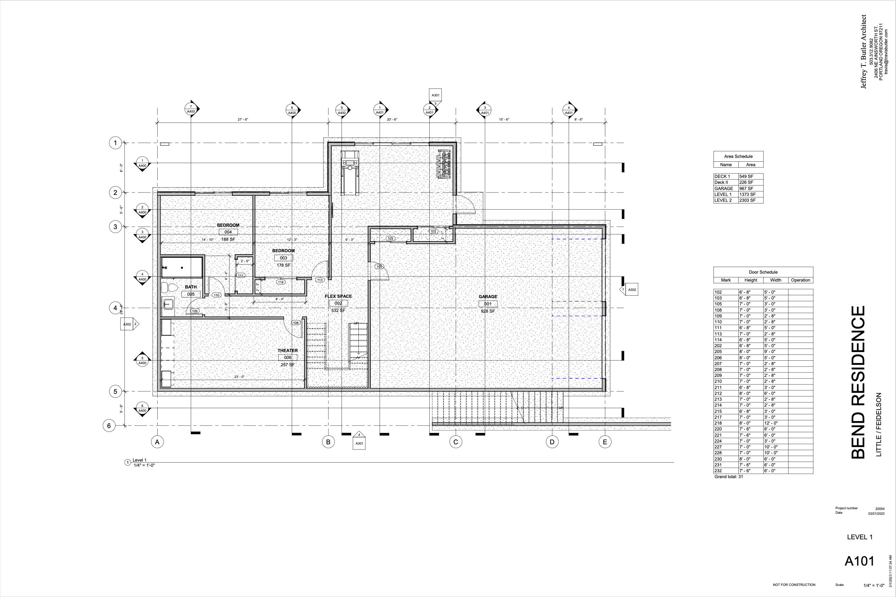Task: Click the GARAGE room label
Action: pyautogui.click(x=488, y=296)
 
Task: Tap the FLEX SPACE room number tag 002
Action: pyautogui.click(x=338, y=303)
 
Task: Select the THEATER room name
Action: pyautogui.click(x=287, y=351)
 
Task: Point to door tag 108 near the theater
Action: pyautogui.click(x=296, y=323)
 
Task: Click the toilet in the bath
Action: pyautogui.click(x=169, y=287)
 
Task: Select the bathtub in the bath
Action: pyautogui.click(x=182, y=268)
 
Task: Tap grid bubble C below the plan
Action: pyautogui.click(x=456, y=442)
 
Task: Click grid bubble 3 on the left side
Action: pyautogui.click(x=115, y=227)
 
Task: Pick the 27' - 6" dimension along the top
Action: pyautogui.click(x=243, y=120)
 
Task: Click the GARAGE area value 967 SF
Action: pyautogui.click(x=746, y=189)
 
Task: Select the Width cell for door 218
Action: pyautogui.click(x=770, y=423)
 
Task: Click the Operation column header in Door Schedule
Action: pyautogui.click(x=800, y=280)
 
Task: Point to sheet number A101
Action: pyautogui.click(x=859, y=561)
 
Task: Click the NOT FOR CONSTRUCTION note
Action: pyautogui.click(x=794, y=585)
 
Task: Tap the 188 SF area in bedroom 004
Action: pyautogui.click(x=228, y=239)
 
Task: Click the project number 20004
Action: pyautogui.click(x=880, y=509)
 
